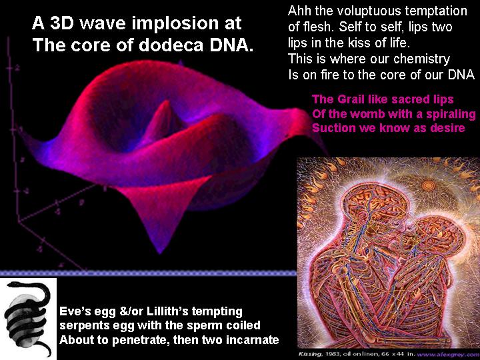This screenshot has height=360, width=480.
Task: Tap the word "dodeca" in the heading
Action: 171,45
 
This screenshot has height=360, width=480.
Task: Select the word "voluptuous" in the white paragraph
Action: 367,11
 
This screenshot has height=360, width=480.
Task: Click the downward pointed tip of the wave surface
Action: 159,253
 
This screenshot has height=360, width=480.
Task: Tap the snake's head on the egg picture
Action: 11,285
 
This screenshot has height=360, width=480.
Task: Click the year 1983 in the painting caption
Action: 331,354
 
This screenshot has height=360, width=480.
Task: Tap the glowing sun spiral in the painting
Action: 428,185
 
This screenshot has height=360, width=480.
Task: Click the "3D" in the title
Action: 62,23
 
